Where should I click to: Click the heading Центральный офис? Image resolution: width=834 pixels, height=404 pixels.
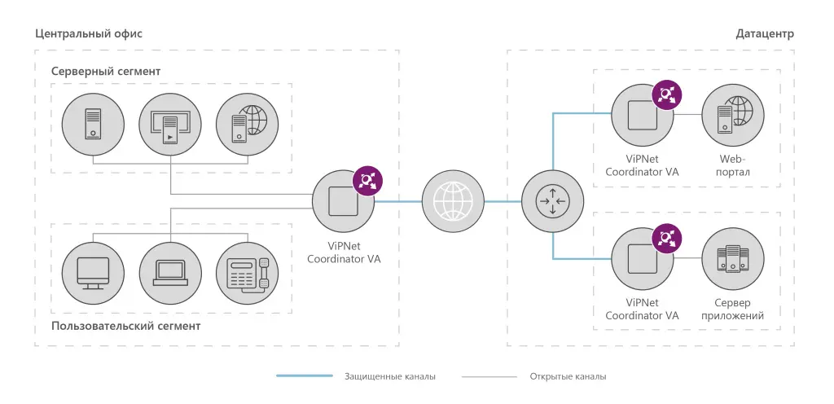[x=89, y=34]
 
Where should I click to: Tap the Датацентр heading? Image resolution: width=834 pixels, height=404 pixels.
[x=765, y=34]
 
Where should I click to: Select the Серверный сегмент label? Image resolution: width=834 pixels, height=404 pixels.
[x=106, y=71]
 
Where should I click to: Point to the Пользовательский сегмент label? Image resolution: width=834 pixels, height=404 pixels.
[x=126, y=326]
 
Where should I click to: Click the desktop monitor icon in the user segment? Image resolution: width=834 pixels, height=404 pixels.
[x=93, y=273]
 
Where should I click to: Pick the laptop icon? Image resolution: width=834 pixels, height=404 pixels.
[x=170, y=273]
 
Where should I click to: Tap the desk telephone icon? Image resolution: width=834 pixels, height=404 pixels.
[x=248, y=273]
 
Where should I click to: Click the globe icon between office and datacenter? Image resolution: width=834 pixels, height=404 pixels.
[x=453, y=201]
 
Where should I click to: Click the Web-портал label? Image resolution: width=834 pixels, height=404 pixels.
[x=733, y=165]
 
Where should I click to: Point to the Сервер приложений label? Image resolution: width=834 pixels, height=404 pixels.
[x=733, y=310]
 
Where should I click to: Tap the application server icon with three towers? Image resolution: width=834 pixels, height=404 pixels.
[x=733, y=258]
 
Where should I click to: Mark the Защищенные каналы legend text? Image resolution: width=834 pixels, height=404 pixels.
[x=390, y=377]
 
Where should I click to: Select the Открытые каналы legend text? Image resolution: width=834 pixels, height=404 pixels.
[x=568, y=377]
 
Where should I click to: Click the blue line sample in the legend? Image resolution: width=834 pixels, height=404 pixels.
[x=305, y=376]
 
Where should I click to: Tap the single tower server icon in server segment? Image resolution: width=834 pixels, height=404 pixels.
[x=93, y=125]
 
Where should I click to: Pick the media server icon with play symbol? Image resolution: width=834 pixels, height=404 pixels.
[x=170, y=125]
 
